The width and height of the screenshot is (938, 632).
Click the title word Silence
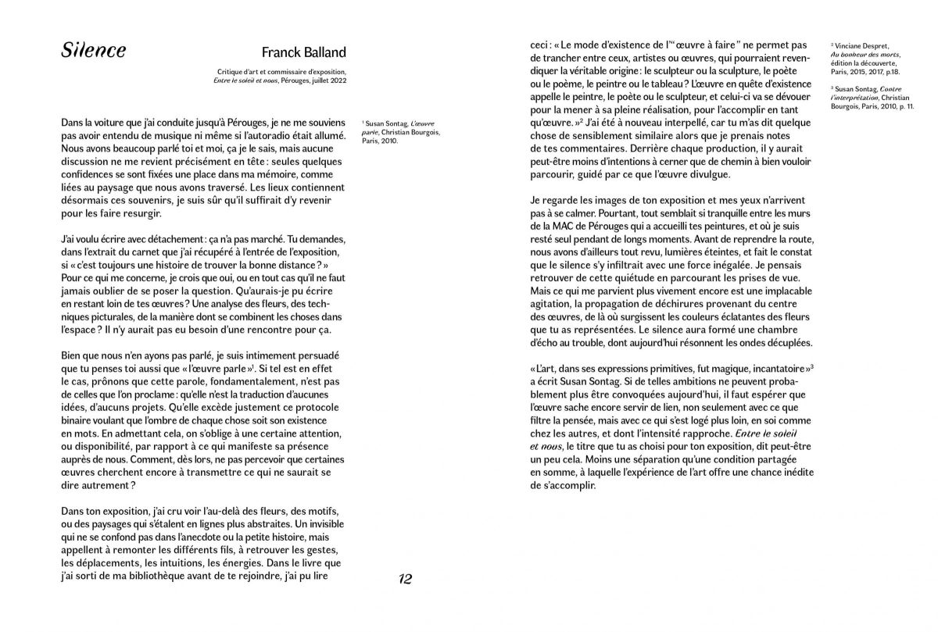pyautogui.click(x=93, y=52)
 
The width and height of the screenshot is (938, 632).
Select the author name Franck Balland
pyautogui.click(x=303, y=53)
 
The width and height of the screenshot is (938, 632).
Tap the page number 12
pyautogui.click(x=405, y=579)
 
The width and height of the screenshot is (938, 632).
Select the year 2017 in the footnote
pyautogui.click(x=875, y=72)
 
